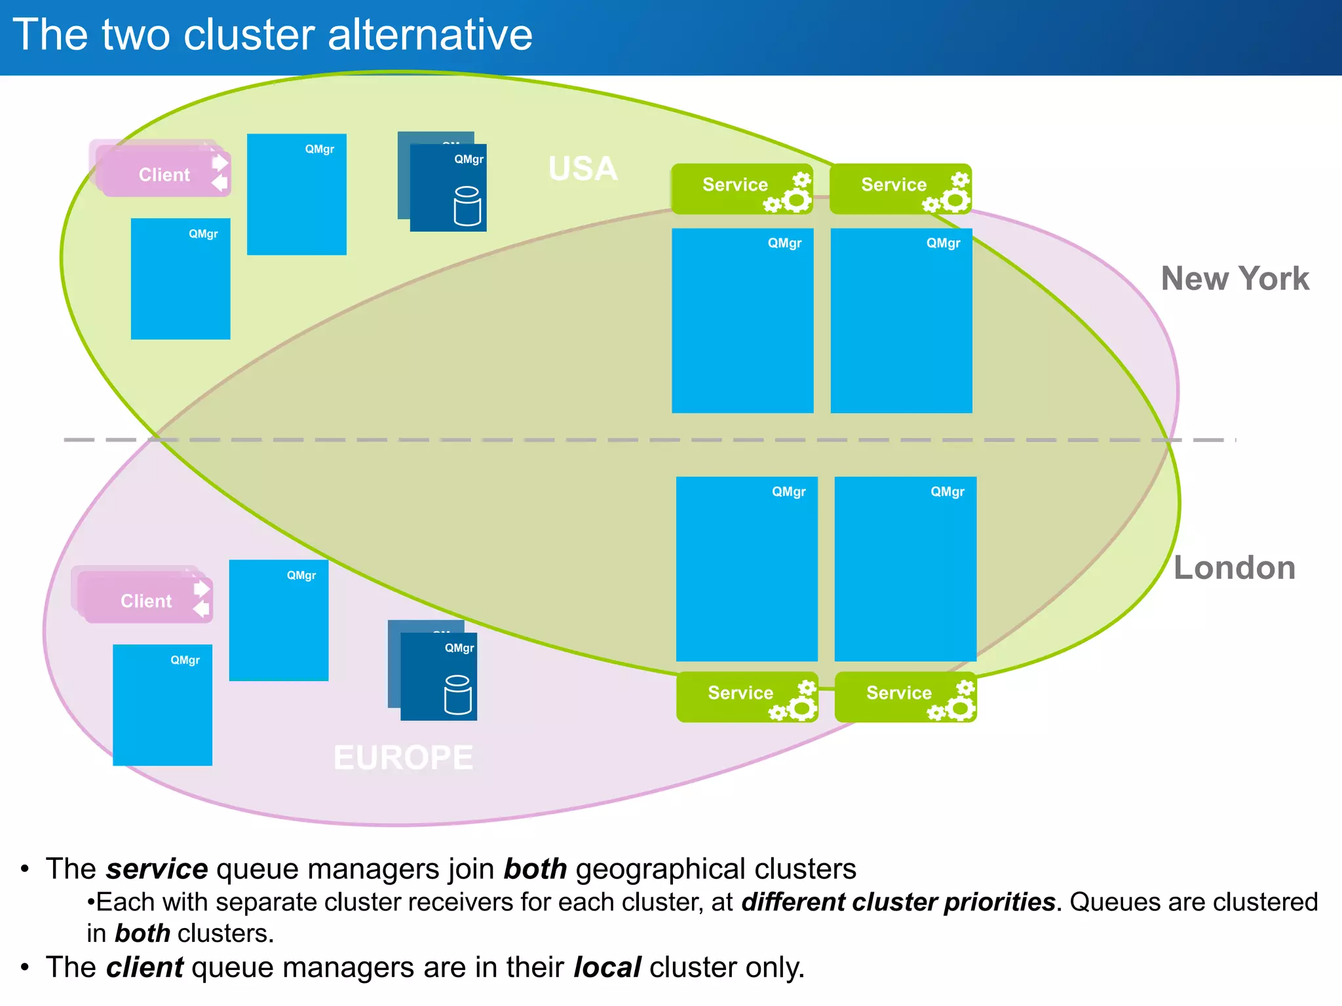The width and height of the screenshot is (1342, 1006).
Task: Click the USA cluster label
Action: (x=583, y=169)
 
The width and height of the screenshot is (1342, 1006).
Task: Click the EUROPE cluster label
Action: (x=403, y=758)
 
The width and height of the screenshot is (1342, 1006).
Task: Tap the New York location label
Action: (x=1235, y=278)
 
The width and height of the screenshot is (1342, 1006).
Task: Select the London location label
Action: (x=1234, y=567)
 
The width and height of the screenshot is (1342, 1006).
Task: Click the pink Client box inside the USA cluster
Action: (x=164, y=174)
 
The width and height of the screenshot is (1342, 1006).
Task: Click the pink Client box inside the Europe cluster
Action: (x=145, y=601)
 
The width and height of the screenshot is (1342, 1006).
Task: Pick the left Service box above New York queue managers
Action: (x=741, y=188)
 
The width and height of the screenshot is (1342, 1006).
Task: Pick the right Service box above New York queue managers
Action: (x=900, y=188)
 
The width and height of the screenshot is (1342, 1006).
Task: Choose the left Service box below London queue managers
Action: (x=746, y=696)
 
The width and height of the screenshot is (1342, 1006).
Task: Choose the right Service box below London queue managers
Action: (x=905, y=696)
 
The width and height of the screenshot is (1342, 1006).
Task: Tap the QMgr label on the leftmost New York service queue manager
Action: (x=784, y=243)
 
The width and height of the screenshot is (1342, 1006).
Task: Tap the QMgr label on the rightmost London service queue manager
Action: (x=947, y=491)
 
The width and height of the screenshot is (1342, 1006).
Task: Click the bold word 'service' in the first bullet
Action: (x=157, y=869)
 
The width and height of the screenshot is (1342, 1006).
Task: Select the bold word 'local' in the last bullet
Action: (x=607, y=967)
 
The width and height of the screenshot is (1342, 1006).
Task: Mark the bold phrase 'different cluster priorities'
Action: (x=898, y=902)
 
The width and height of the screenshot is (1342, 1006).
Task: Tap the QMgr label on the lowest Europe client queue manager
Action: (x=185, y=660)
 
